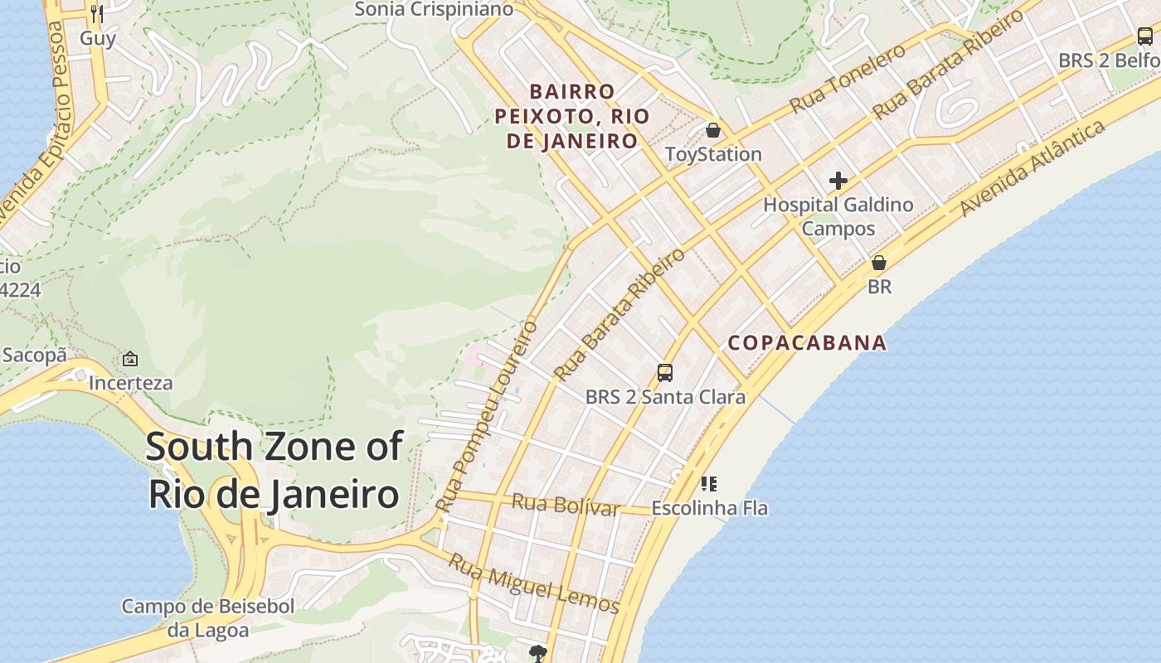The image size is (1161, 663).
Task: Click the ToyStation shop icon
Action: [x=712, y=130]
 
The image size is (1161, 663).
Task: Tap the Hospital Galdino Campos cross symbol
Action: [x=838, y=180]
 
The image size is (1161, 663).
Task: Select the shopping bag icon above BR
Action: [x=879, y=263]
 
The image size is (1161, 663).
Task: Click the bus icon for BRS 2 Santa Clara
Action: [x=665, y=373]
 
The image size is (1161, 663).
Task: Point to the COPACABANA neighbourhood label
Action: [x=807, y=342]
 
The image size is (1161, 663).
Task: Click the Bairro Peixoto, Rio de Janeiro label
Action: [x=572, y=116]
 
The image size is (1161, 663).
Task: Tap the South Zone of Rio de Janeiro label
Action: [x=274, y=470]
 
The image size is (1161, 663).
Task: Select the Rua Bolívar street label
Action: [x=566, y=505]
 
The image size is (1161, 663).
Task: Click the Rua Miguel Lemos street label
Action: [x=533, y=583]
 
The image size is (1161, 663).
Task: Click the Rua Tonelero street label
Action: [x=847, y=80]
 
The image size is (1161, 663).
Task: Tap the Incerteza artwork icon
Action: [x=130, y=359]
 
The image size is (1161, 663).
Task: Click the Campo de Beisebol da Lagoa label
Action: [x=208, y=618]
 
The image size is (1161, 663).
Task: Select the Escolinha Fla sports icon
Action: [x=709, y=483]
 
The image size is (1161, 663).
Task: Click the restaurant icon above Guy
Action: [x=97, y=14]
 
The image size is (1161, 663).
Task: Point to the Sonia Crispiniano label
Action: [x=434, y=10]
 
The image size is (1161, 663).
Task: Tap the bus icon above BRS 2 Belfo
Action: [x=1144, y=36]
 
